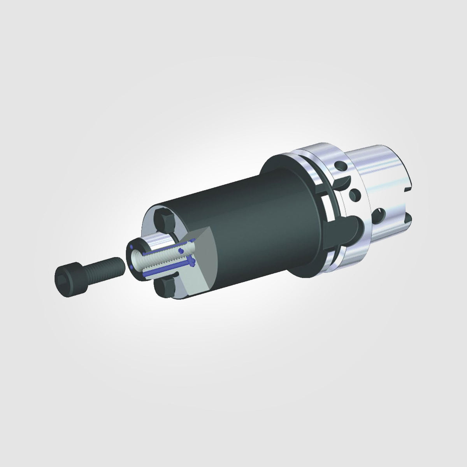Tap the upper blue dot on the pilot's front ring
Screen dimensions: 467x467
(133, 248)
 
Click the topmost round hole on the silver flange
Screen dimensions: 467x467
(341, 167)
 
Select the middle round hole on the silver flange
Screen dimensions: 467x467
(354, 193)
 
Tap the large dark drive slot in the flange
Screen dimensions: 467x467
(356, 226)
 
